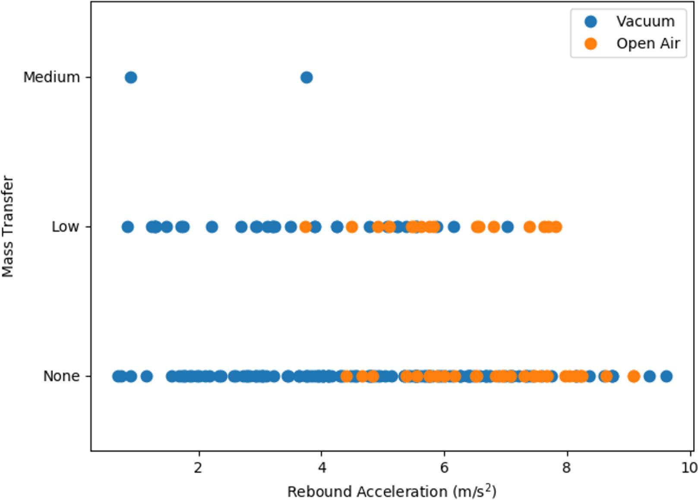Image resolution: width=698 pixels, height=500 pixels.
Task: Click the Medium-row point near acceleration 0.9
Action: pyautogui.click(x=131, y=78)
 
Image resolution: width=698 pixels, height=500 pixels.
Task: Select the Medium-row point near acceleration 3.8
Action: pyautogui.click(x=306, y=78)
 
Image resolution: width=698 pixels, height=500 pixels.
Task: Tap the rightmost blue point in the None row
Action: pyautogui.click(x=666, y=377)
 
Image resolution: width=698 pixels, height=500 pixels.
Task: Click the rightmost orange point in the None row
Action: pyautogui.click(x=633, y=377)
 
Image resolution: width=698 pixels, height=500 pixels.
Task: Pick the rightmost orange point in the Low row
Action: pyautogui.click(x=556, y=227)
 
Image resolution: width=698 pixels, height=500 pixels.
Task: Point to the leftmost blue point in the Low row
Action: pyautogui.click(x=127, y=227)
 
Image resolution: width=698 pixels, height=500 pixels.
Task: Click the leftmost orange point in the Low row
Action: pyautogui.click(x=306, y=227)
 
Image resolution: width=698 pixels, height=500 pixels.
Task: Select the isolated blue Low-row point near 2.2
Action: pyautogui.click(x=212, y=227)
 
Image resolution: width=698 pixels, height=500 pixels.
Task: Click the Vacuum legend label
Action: pyautogui.click(x=645, y=21)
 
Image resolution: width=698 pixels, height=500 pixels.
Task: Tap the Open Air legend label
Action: pyautogui.click(x=648, y=44)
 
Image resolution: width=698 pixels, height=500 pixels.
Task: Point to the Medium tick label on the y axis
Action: pyautogui.click(x=52, y=78)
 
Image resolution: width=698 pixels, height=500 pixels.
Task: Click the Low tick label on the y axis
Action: pyautogui.click(x=66, y=227)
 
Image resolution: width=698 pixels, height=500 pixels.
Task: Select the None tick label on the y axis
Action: pyautogui.click(x=61, y=377)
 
